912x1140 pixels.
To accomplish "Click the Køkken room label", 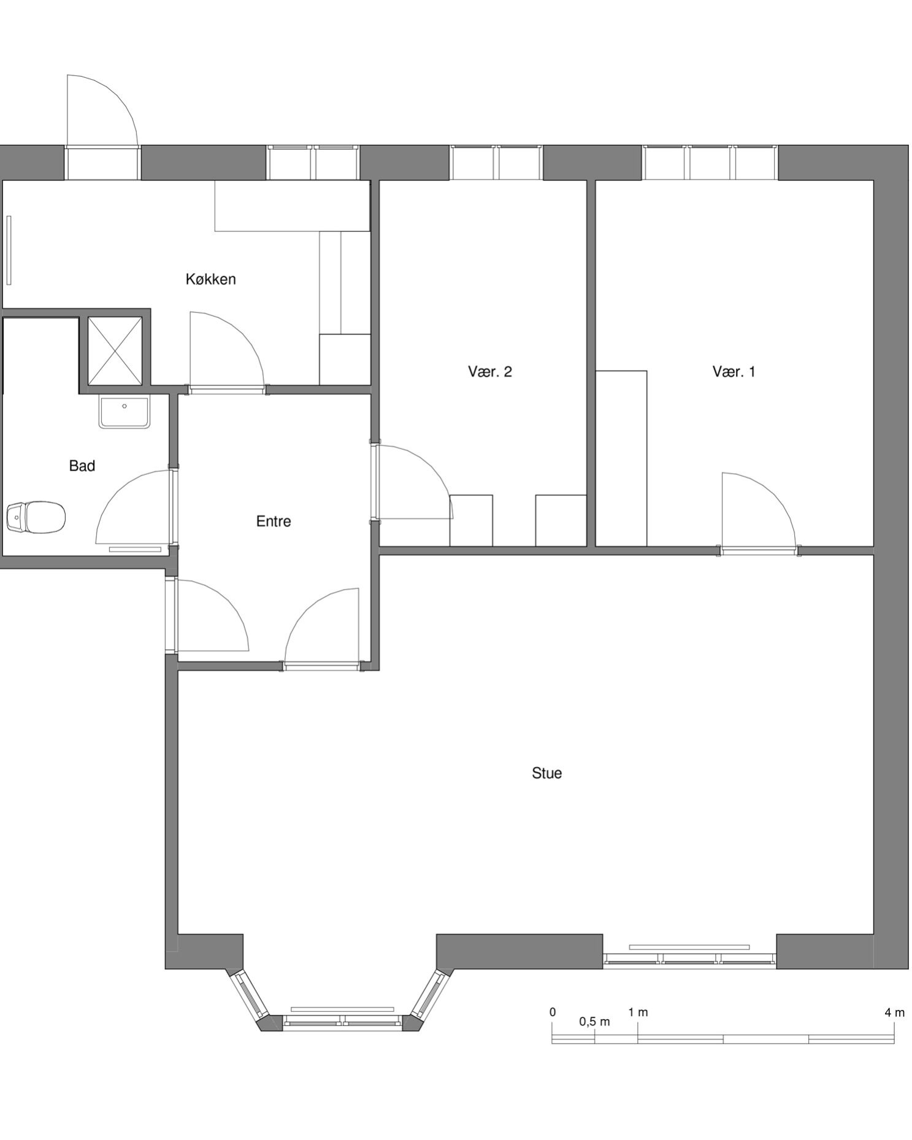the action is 210,279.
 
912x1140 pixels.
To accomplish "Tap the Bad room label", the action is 82,466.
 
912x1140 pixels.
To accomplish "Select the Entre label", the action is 274,521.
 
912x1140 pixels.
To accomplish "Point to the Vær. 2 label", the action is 489,371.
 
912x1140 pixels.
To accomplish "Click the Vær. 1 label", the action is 734,371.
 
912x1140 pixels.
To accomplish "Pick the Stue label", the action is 546,773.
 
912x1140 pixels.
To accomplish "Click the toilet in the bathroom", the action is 36,517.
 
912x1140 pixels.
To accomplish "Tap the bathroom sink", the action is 124,412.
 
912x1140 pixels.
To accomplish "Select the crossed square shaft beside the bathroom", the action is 115,352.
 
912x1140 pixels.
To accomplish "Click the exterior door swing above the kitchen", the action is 102,111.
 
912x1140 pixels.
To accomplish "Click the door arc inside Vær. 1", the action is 759,510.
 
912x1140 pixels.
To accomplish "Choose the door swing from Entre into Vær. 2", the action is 415,482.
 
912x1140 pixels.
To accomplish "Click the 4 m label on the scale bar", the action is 894,1013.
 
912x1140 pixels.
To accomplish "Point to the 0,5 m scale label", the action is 594,1022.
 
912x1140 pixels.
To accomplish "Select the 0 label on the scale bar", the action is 553,1012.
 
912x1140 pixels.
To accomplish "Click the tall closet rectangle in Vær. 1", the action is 621,458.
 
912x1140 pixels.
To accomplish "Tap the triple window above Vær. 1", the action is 710,163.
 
